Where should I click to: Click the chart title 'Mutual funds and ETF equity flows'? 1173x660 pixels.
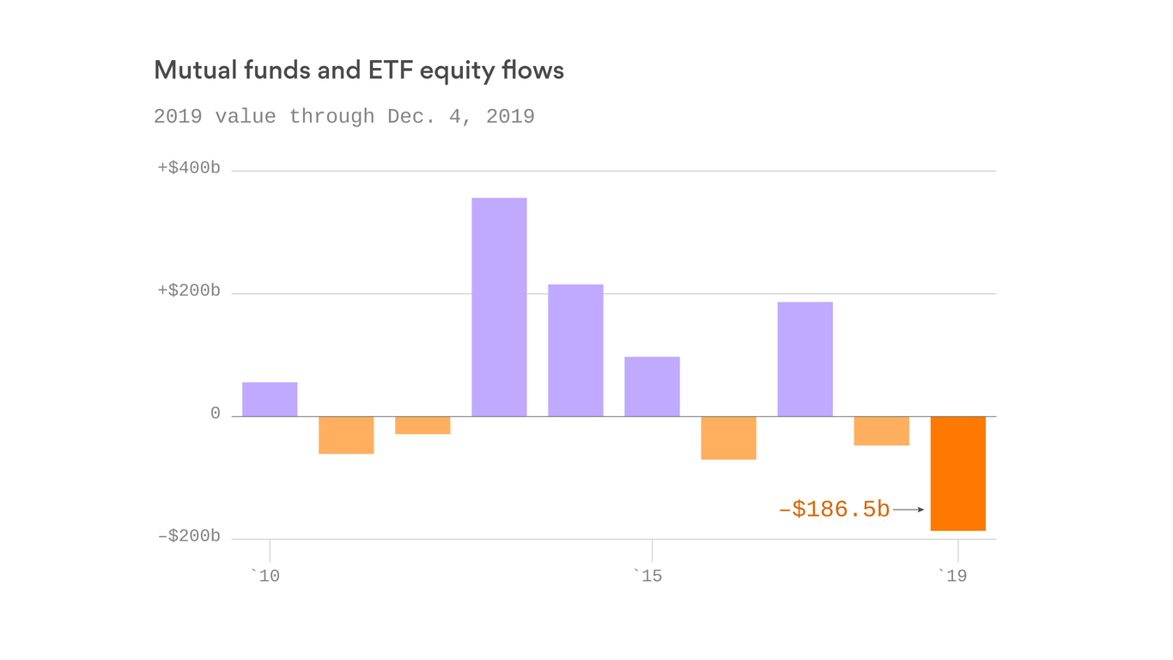[359, 70]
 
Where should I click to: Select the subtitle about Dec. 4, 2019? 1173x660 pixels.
[343, 117]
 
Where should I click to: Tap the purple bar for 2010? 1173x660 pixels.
[270, 400]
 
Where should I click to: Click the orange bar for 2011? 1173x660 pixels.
[346, 435]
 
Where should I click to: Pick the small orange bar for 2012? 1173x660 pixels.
[422, 425]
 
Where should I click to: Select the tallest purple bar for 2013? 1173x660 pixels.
[499, 307]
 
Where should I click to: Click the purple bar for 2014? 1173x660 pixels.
[575, 351]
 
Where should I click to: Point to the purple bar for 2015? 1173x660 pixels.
[652, 387]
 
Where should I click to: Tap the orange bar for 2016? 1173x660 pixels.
[728, 438]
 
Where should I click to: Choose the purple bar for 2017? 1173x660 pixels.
[805, 359]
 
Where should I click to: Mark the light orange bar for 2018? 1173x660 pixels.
[881, 431]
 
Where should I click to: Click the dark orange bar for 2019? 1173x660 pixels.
[957, 473]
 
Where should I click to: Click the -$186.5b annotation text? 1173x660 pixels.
[834, 510]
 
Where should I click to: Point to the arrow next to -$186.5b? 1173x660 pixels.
[909, 510]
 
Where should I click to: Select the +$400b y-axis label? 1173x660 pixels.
[189, 168]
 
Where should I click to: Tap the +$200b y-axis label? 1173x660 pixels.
[189, 291]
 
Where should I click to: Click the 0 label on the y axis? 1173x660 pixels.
[216, 414]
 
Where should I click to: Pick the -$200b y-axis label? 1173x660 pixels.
[189, 537]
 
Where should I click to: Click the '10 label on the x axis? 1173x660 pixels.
[265, 576]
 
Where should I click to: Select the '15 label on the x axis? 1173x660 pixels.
[647, 576]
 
